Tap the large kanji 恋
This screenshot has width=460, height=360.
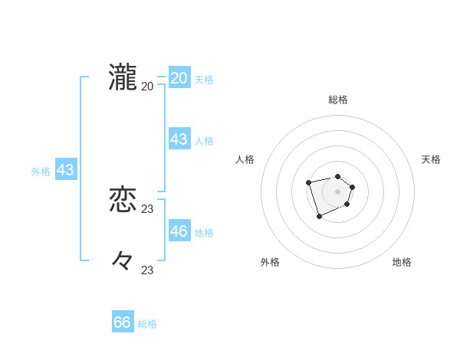123,200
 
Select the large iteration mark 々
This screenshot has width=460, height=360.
123,261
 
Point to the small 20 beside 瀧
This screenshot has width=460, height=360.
148,87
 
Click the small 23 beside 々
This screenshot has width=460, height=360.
148,270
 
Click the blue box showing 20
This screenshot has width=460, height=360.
179,78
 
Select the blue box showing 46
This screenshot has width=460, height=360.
179,231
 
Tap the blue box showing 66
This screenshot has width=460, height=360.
123,322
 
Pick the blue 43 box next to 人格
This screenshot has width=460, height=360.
179,139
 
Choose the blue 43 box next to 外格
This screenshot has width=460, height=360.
65,170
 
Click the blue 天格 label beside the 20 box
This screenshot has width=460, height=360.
204,80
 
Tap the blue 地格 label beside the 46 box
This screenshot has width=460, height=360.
204,233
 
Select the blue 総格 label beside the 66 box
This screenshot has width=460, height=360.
147,325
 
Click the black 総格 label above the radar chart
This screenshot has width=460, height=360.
338,100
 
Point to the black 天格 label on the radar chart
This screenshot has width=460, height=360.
432,159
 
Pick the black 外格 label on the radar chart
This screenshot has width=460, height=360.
270,262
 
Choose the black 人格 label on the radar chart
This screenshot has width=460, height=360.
245,159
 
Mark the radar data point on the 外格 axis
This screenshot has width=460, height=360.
320,217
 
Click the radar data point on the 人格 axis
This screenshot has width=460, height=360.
308,182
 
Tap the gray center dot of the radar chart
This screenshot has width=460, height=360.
338,191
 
